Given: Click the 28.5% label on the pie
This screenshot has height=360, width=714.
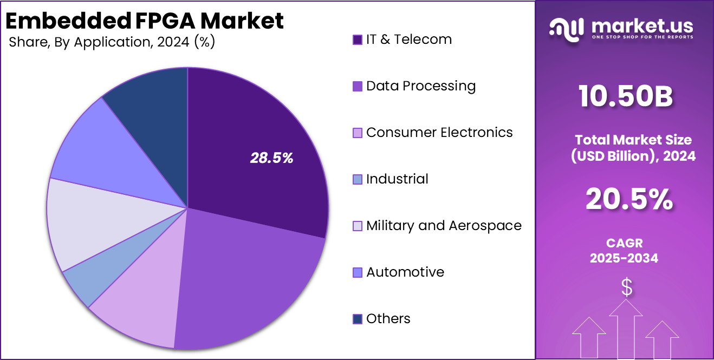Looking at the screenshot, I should (x=271, y=158).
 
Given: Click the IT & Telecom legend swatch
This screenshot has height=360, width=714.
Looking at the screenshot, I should (x=358, y=40).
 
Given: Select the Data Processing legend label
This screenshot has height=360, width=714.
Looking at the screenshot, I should (x=421, y=86).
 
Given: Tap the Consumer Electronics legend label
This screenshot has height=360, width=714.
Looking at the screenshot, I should (x=439, y=133).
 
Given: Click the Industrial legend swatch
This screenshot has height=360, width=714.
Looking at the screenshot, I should (x=358, y=180).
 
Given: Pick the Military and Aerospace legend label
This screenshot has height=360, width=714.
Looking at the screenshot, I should (x=444, y=226).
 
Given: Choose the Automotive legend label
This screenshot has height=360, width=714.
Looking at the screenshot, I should (x=405, y=272).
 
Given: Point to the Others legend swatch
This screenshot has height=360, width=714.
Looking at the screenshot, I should (x=358, y=319).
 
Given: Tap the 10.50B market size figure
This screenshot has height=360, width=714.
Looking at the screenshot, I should (x=626, y=97).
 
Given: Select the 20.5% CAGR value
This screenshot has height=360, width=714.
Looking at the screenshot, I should (x=628, y=200).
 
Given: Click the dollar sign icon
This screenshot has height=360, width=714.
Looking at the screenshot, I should (x=627, y=288).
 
